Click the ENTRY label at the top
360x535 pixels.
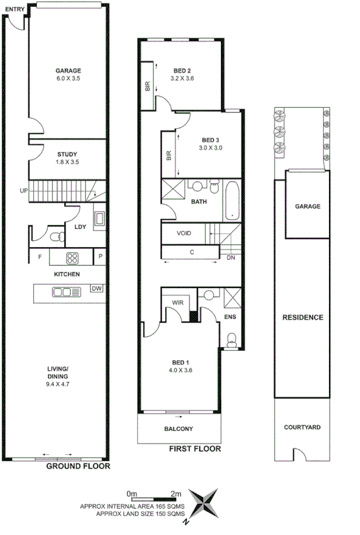pos(15,8)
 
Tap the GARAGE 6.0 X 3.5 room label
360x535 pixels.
pos(67,73)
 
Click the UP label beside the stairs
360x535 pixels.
pos(24,190)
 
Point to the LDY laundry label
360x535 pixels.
pos(80,227)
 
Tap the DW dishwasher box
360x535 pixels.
pos(97,288)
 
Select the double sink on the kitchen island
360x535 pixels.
pos(64,291)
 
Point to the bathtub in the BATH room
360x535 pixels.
pos(232,201)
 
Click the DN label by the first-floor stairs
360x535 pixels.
pos(231,258)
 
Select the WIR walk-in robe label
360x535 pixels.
pos(177,303)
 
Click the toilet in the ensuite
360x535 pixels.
pos(232,340)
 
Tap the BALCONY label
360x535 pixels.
pos(179,428)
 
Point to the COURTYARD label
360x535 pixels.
pos(302,428)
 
